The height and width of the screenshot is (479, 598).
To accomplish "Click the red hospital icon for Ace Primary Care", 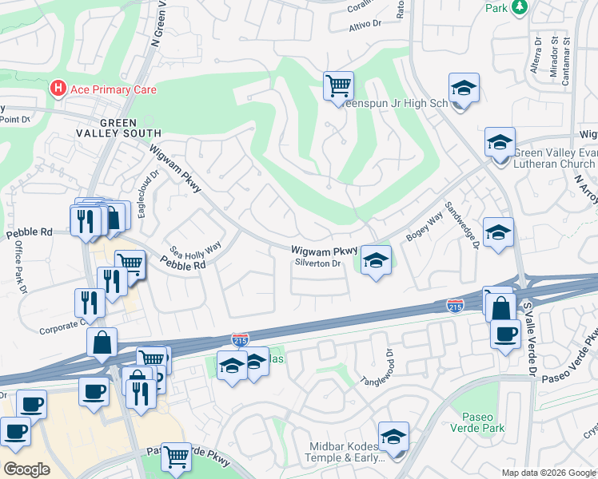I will click(58, 89).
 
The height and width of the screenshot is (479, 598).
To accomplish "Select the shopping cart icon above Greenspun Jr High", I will click(338, 85).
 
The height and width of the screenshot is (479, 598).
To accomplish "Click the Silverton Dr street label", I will click(317, 263).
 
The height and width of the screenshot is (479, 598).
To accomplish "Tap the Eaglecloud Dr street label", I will click(156, 186).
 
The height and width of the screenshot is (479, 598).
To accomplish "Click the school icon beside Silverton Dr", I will click(376, 260).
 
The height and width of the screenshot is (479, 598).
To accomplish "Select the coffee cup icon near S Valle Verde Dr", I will click(505, 334).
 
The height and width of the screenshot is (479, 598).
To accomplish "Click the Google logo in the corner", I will click(26, 469).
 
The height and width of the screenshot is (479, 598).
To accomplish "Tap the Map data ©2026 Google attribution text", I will click(548, 473).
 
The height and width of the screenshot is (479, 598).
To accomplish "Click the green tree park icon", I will click(520, 7).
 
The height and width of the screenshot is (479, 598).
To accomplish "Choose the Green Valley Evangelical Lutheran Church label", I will click(554, 159).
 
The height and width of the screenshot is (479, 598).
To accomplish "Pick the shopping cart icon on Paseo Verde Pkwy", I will click(176, 457).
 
